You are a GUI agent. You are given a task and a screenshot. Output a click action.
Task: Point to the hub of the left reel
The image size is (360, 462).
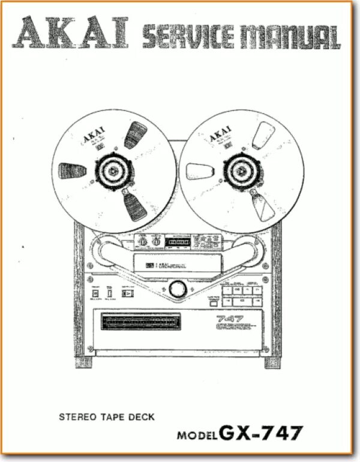point(114,172)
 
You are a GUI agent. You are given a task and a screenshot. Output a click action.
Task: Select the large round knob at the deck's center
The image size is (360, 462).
point(178,289)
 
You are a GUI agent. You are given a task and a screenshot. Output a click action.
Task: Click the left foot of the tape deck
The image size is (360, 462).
point(84,362)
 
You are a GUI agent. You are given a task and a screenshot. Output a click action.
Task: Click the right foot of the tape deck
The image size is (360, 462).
point(272,362)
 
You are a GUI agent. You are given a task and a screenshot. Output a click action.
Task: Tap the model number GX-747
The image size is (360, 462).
point(262,433)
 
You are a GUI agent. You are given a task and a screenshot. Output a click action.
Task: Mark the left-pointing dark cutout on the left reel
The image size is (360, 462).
point(73,171)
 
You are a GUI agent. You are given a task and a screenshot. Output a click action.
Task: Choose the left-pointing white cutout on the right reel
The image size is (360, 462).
point(200,172)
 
